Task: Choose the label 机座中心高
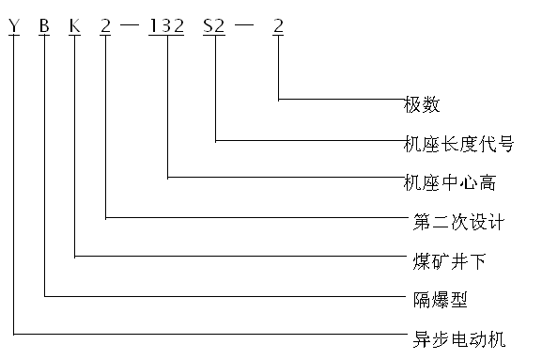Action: coord(447,180)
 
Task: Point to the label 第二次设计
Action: coord(459,223)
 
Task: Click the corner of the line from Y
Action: coord(13,333)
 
